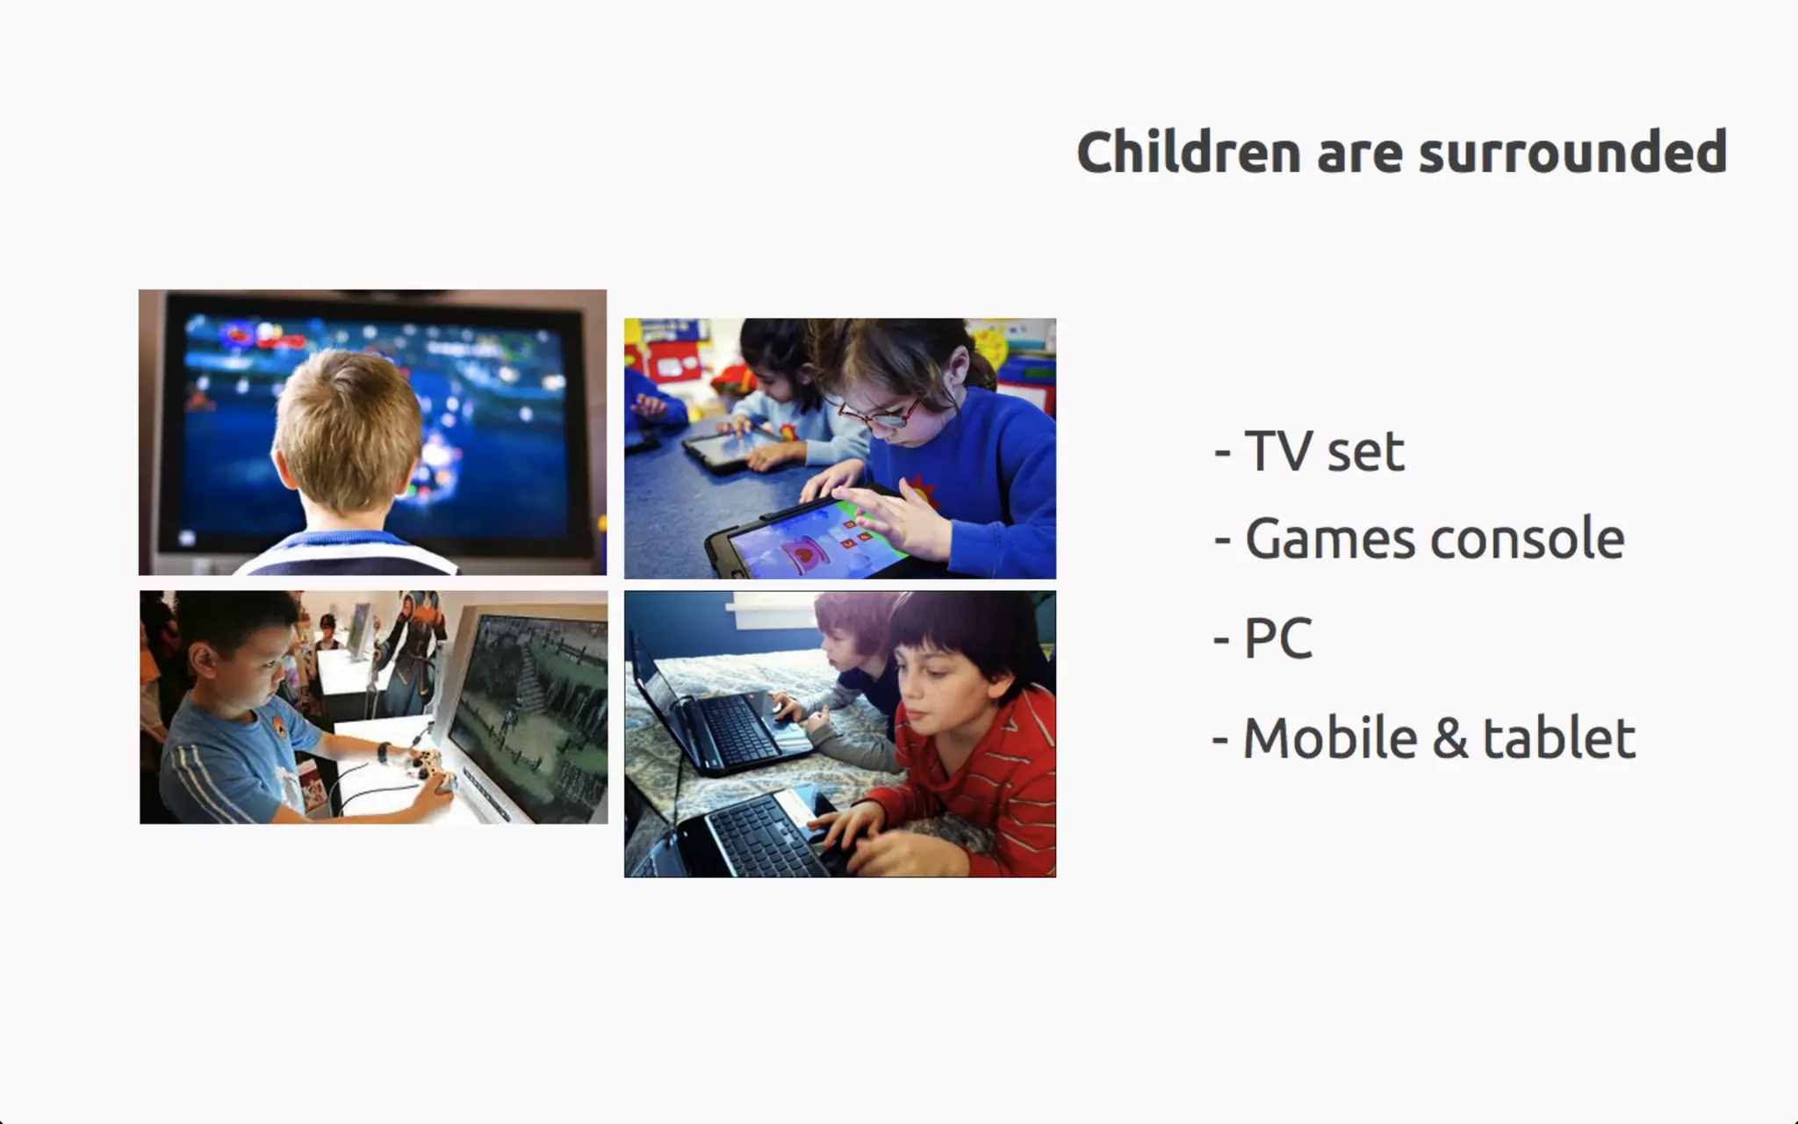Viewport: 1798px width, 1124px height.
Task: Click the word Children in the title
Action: [x=1188, y=152]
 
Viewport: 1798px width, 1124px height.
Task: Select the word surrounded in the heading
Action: [x=1572, y=152]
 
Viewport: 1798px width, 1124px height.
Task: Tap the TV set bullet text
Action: [x=1309, y=451]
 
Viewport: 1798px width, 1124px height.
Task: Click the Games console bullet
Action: [x=1419, y=538]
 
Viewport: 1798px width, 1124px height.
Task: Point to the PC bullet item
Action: [x=1262, y=638]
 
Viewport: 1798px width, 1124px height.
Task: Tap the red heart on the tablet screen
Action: [x=803, y=553]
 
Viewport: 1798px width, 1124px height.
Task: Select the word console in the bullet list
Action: [x=1527, y=538]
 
